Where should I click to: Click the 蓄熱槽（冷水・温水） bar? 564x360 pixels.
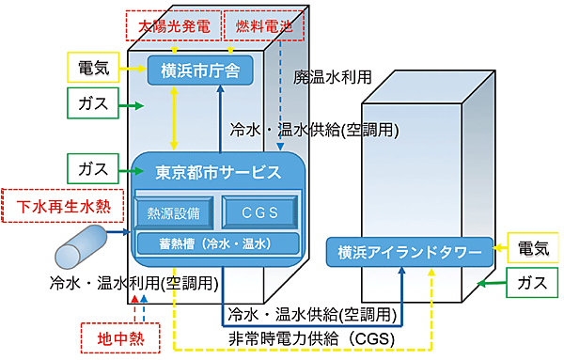217,243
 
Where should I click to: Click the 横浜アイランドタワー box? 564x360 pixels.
409,251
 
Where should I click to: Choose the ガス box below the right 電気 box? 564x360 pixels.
532,281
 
